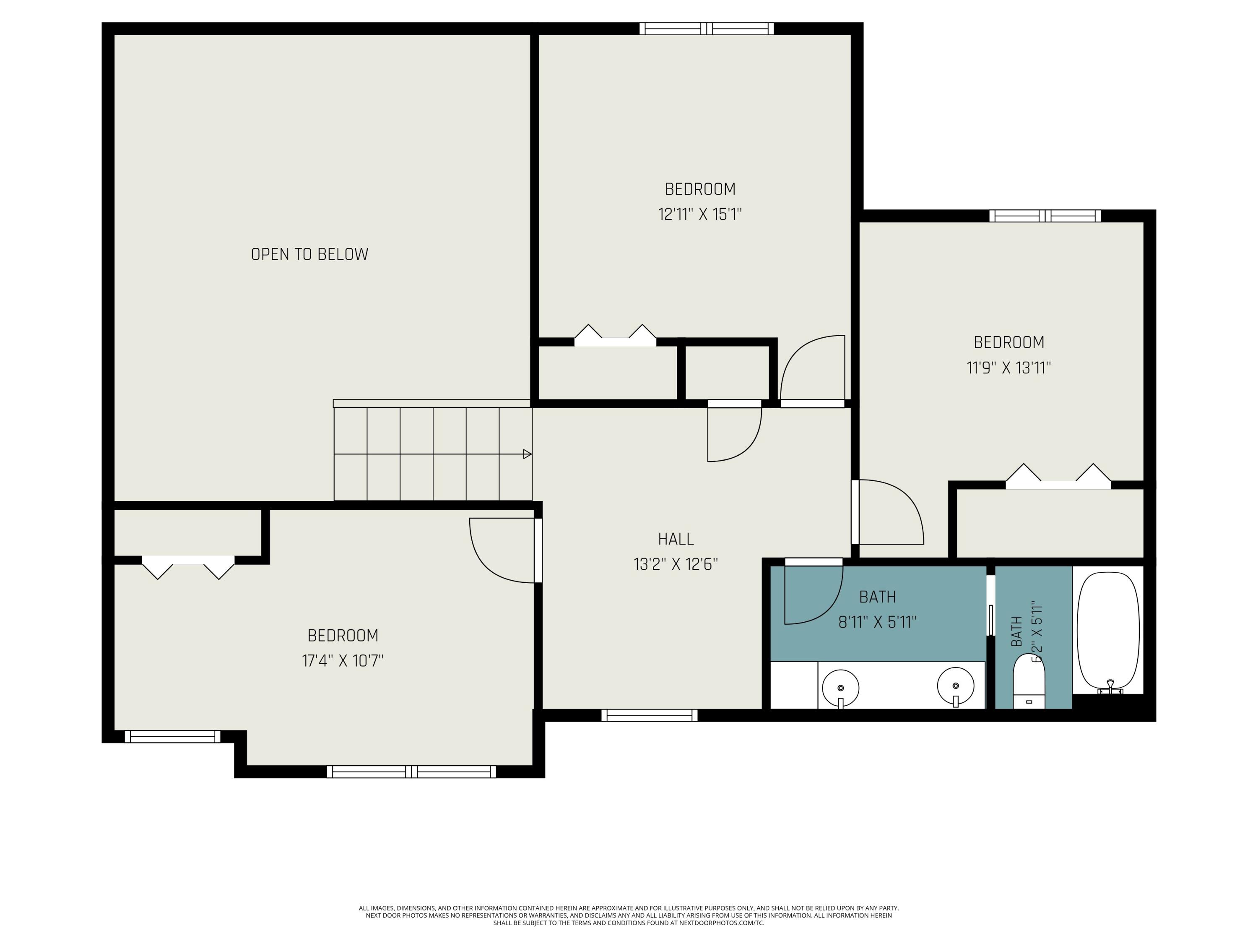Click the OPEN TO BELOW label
tap(309, 254)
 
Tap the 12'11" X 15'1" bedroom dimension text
tap(700, 214)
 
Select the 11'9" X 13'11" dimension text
tap(1009, 368)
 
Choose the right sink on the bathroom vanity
tap(955, 687)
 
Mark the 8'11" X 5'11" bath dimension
tap(878, 622)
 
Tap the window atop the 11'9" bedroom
tap(1045, 216)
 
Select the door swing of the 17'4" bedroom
tap(503, 550)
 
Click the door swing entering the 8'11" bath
tap(813, 592)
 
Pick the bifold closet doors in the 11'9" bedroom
tap(1058, 477)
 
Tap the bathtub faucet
tap(1110, 687)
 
